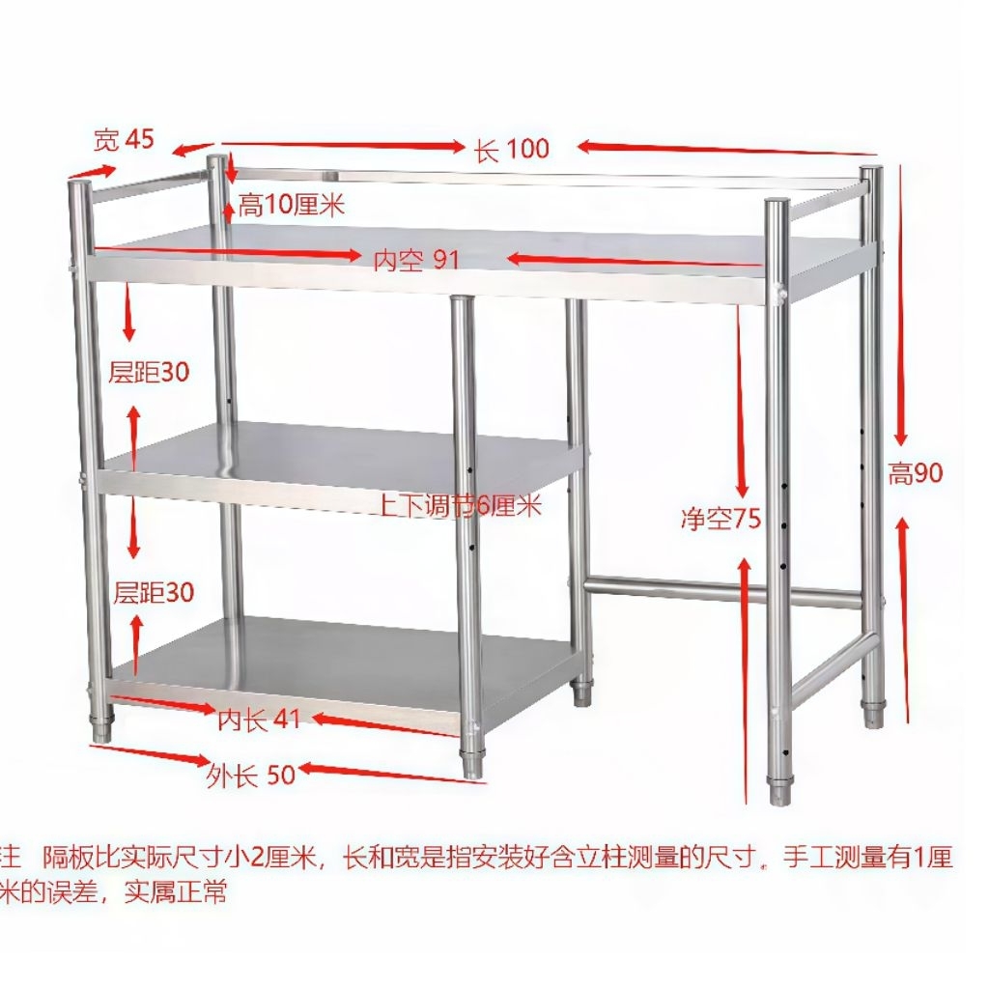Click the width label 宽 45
pyautogui.click(x=123, y=140)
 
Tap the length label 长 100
pyautogui.click(x=512, y=149)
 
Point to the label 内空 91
pyautogui.click(x=416, y=260)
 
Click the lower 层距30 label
pyautogui.click(x=154, y=592)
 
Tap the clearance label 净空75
pyautogui.click(x=721, y=520)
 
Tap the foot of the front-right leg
pyautogui.click(x=778, y=787)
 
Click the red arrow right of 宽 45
pyautogui.click(x=193, y=149)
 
